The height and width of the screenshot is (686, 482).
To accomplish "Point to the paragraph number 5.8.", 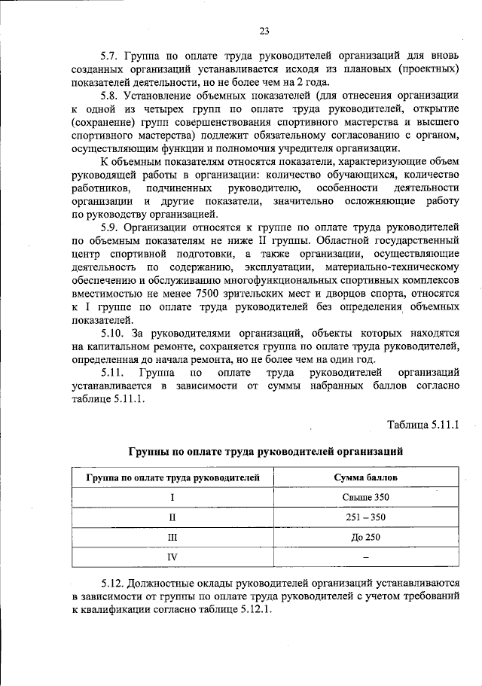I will pos(111,96).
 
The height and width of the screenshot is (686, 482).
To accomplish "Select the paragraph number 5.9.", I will pos(111,227).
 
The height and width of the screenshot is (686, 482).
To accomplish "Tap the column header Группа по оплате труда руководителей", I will pos(172,477).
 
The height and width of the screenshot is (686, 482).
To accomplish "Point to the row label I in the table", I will pos(172,498).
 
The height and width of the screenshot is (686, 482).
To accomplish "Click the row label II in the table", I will pos(172,517).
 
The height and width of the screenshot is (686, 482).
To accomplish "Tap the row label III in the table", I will pos(172,537).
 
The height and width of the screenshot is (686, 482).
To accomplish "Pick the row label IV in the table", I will pos(172,556).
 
